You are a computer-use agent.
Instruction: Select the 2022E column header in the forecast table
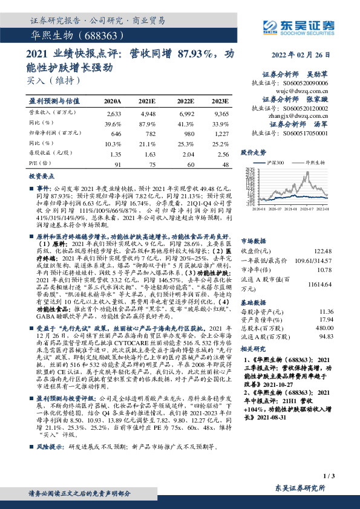click(185, 101)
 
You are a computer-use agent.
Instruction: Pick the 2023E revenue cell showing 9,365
click(221, 114)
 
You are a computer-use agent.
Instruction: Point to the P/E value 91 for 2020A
click(117, 164)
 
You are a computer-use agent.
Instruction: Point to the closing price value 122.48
click(325, 251)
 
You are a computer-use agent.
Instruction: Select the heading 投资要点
click(42, 175)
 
